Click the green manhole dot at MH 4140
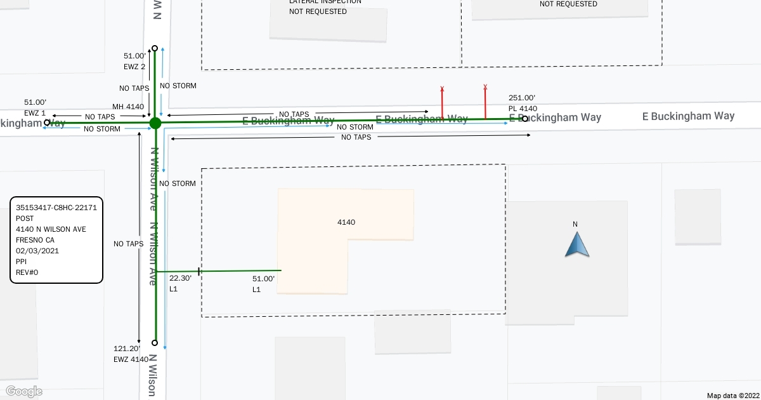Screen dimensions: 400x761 [x=155, y=123]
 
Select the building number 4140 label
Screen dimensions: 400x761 [x=346, y=222]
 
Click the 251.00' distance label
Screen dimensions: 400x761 [x=522, y=98]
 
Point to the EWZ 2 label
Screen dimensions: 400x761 [x=134, y=66]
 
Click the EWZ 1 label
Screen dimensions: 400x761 [x=35, y=112]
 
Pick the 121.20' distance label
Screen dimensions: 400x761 [x=127, y=349]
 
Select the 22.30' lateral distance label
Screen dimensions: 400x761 [x=180, y=278]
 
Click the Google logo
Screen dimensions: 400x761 [x=24, y=391]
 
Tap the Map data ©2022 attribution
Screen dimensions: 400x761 [x=732, y=395]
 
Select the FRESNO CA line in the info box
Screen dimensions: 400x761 [x=36, y=240]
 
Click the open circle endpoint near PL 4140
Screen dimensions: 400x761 [x=525, y=118]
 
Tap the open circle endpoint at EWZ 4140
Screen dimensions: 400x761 [x=155, y=342]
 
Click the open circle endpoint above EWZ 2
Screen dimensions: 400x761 [x=155, y=48]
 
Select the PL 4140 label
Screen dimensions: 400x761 [x=523, y=109]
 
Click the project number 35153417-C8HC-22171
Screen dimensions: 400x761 [x=56, y=207]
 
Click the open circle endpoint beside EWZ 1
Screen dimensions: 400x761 [x=47, y=123]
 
